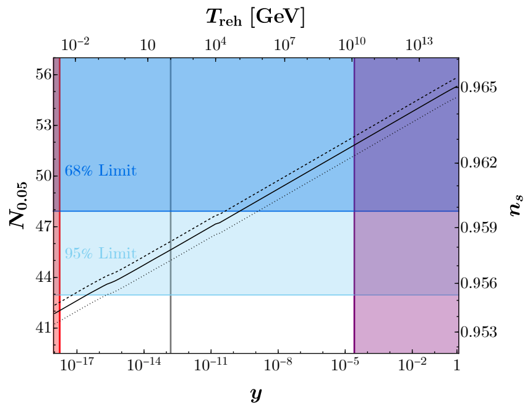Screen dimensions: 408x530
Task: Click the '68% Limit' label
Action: tap(100, 171)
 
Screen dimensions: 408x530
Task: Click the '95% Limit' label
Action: tap(100, 253)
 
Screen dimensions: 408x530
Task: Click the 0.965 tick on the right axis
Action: tap(482, 87)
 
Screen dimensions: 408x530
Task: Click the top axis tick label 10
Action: tap(147, 45)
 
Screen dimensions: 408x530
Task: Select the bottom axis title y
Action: tap(256, 393)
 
